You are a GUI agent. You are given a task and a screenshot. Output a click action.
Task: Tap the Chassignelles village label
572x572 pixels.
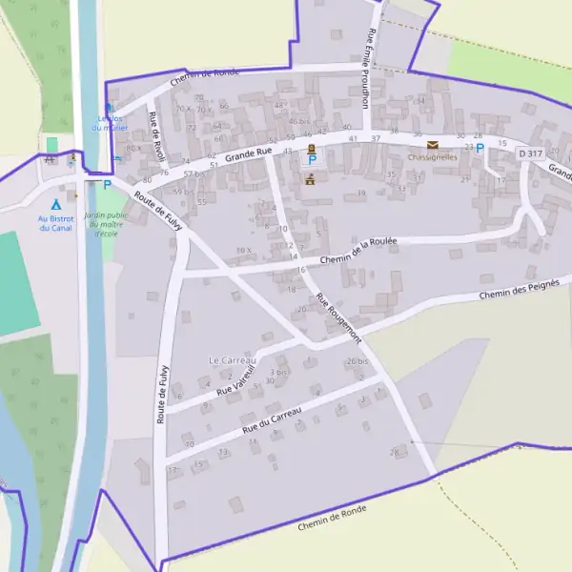pyautogui.click(x=432, y=156)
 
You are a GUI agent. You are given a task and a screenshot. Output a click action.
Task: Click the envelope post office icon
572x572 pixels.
pyautogui.click(x=433, y=145)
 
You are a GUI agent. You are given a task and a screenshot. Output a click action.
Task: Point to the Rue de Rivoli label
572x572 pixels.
pyautogui.click(x=157, y=136)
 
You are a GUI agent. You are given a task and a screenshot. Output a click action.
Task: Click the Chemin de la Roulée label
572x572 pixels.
pyautogui.click(x=358, y=250)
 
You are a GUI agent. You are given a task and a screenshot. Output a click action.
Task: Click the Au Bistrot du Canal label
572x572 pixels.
pyautogui.click(x=55, y=223)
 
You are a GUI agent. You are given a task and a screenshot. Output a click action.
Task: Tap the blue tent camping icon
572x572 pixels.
pyautogui.click(x=55, y=204)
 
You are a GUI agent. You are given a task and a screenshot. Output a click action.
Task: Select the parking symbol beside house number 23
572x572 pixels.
pyautogui.click(x=480, y=148)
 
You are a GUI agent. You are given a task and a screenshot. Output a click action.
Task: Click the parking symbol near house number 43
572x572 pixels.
pyautogui.click(x=311, y=161)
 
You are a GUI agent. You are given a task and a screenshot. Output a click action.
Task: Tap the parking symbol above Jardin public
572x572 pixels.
pyautogui.click(x=107, y=185)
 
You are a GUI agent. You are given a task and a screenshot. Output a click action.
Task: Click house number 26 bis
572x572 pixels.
pyautogui.click(x=357, y=361)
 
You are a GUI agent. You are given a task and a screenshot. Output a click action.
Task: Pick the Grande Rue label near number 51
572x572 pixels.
pyautogui.click(x=249, y=153)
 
